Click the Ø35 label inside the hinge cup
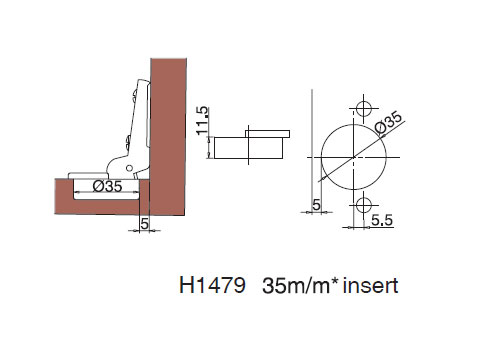click(x=107, y=185)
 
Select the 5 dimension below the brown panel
click(x=144, y=224)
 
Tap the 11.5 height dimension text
click(x=203, y=119)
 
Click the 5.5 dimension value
click(x=381, y=219)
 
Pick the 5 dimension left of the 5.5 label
click(x=317, y=206)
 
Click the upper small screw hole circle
click(x=360, y=107)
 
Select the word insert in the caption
click(x=371, y=286)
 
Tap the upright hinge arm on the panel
click(x=136, y=110)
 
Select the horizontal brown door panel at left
click(x=90, y=204)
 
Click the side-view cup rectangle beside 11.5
click(x=249, y=147)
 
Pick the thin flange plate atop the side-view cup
click(x=269, y=131)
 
